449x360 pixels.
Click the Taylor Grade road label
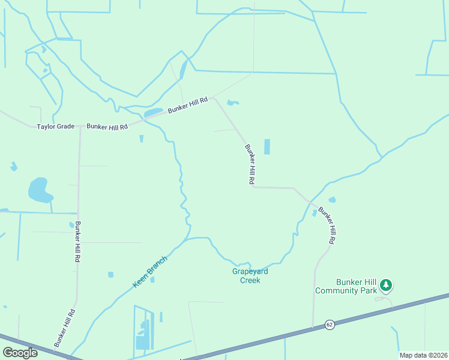[56, 127]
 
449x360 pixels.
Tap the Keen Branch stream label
[149, 271]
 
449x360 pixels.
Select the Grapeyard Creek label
[250, 275]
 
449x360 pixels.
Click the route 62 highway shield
[330, 325]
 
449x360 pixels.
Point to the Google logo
[20, 353]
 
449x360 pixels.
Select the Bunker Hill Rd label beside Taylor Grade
[107, 127]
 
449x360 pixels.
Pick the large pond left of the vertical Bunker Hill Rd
[39, 191]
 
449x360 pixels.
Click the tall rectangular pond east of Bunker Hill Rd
[267, 146]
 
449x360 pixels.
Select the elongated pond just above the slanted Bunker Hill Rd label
[153, 112]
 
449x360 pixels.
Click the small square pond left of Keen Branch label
[110, 275]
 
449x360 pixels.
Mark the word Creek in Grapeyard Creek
[250, 280]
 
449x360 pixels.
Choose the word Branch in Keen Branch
[157, 264]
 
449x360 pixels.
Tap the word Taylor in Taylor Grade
[46, 127]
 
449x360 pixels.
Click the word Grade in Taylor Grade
[65, 127]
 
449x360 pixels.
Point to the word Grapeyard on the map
[250, 271]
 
